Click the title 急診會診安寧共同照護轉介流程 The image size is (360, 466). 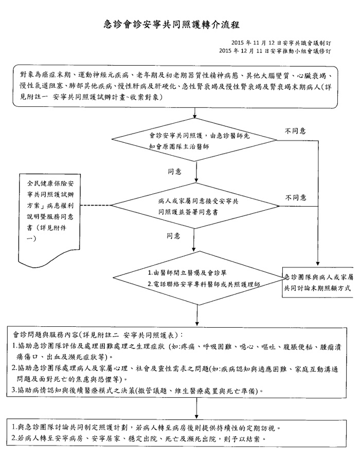[x=172, y=24]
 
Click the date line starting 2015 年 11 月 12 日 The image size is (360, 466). [x=281, y=43]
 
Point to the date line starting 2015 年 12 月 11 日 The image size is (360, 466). [x=275, y=51]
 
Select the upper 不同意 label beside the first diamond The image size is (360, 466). [x=295, y=131]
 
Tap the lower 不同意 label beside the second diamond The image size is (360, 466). [x=296, y=198]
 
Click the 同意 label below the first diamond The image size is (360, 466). [x=174, y=172]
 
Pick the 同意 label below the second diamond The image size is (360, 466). [x=173, y=236]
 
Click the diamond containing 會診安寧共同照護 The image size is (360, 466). [x=194, y=140]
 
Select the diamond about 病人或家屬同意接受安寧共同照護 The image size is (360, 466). [x=195, y=206]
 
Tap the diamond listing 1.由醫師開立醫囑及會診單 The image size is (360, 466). [x=199, y=278]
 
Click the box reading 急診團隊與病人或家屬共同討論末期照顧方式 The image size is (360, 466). [x=318, y=283]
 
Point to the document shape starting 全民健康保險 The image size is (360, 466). [x=50, y=217]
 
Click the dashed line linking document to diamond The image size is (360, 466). [x=96, y=206]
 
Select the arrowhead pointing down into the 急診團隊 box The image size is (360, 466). [x=318, y=264]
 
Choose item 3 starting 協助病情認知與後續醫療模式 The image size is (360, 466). [x=137, y=390]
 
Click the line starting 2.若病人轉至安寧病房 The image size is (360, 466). [x=139, y=439]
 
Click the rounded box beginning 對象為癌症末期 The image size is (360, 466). [x=175, y=87]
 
